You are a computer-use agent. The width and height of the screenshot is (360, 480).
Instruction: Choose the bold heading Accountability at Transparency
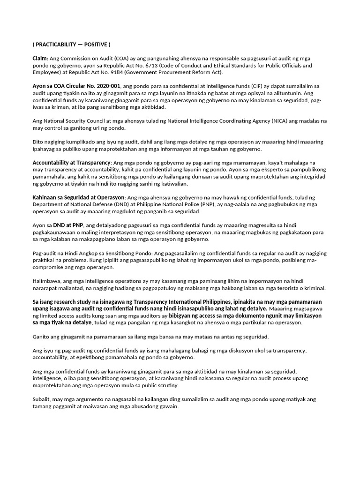pyautogui.click(x=70, y=162)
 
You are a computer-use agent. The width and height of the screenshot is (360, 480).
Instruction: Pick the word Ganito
pyautogui.click(x=42, y=337)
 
